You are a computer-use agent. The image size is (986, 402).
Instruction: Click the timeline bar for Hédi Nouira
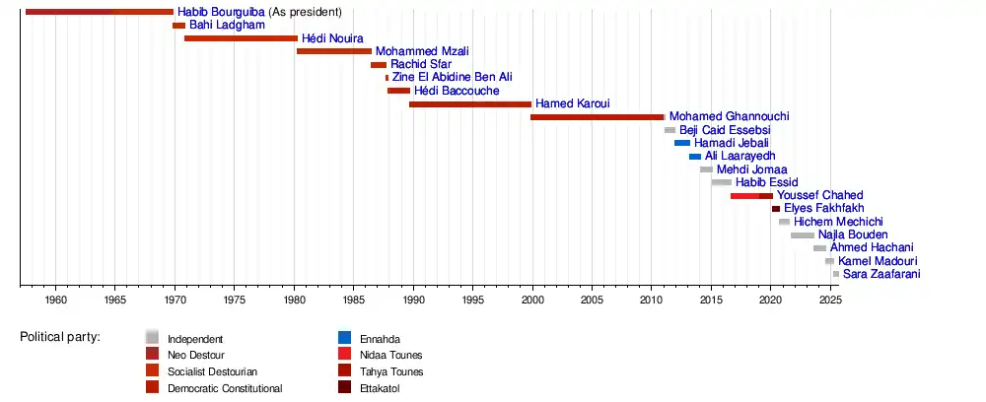(x=241, y=38)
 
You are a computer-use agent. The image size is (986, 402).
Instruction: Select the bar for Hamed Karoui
(x=470, y=103)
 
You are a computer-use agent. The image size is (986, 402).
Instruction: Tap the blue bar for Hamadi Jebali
(x=682, y=143)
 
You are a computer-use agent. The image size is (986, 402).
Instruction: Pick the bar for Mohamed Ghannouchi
(x=598, y=116)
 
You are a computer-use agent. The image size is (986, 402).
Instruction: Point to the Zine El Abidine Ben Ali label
(x=452, y=77)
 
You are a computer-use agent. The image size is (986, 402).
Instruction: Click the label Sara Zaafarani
(x=881, y=274)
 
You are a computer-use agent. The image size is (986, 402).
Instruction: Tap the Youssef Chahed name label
(x=819, y=195)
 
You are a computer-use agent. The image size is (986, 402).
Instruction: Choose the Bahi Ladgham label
(x=227, y=25)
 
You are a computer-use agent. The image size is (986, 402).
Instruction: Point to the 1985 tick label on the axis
(x=353, y=300)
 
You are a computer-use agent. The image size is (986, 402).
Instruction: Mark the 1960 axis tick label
(x=55, y=300)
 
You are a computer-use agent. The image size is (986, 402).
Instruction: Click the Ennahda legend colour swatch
(x=344, y=338)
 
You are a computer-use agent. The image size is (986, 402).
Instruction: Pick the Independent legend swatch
(x=152, y=338)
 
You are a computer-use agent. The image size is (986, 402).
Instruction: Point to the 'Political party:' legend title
(x=60, y=338)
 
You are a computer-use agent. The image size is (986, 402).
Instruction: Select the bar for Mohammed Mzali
(x=334, y=51)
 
